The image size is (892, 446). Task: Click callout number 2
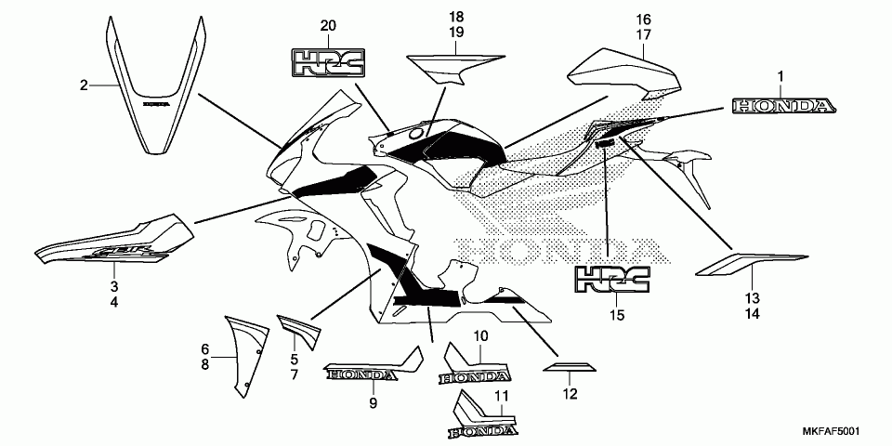tap(84, 85)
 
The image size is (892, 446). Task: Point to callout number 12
tap(570, 395)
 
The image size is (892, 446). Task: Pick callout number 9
tap(372, 402)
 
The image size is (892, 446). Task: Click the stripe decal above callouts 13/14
tap(751, 265)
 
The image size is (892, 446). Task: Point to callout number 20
tap(326, 24)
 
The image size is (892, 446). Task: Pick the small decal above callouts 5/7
tap(299, 329)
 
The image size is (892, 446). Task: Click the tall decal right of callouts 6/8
tap(247, 351)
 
